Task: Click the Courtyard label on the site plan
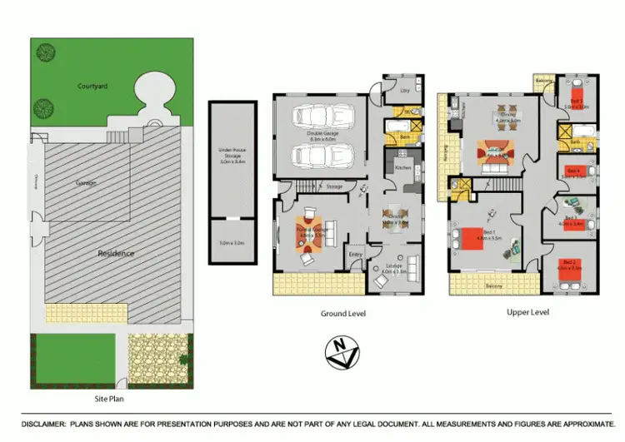pos(92,86)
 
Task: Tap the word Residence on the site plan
pos(116,253)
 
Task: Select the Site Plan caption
pos(111,400)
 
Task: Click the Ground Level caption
pos(343,314)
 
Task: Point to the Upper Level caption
pos(527,312)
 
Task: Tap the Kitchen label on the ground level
pos(403,167)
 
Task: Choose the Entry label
pos(356,254)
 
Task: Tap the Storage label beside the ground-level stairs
pos(334,186)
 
